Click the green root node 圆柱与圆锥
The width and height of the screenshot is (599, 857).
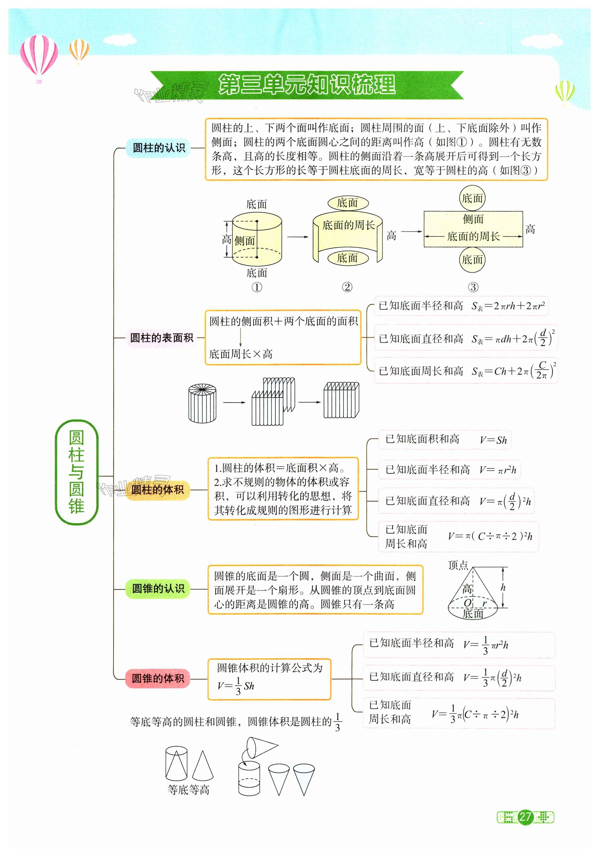click(77, 472)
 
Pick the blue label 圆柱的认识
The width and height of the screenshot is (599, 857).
click(159, 148)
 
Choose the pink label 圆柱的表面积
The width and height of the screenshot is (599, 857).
click(161, 338)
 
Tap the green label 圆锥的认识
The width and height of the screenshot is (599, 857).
click(158, 589)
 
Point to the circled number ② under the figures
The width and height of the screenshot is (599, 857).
click(347, 287)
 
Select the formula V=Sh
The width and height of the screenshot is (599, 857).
click(493, 440)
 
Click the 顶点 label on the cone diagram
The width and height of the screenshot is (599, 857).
click(458, 565)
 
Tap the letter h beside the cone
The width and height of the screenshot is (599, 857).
click(503, 587)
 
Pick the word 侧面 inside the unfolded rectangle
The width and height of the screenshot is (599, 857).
click(473, 219)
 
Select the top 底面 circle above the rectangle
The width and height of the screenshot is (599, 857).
click(472, 199)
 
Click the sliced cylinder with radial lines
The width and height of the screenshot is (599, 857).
click(202, 403)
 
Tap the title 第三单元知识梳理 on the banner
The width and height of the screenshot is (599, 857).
click(307, 85)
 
